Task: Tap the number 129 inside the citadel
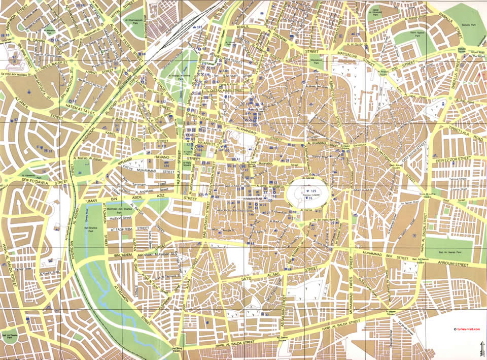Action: click(313, 190)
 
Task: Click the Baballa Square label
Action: click(462, 50)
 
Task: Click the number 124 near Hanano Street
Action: click(166, 165)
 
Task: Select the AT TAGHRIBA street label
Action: click(119, 229)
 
